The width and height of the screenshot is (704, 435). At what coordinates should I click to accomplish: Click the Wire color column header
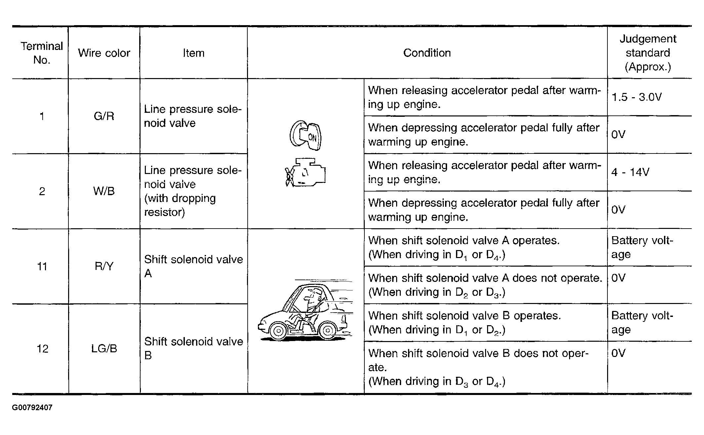pyautogui.click(x=104, y=53)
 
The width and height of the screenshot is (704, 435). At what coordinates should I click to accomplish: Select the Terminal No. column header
pyautogui.click(x=42, y=53)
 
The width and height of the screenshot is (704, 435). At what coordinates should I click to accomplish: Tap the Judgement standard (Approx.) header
pyautogui.click(x=647, y=53)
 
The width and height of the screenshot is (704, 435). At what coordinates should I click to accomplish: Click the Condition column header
pyautogui.click(x=427, y=53)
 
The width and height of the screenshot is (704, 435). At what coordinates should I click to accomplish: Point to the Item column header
pyautogui.click(x=193, y=53)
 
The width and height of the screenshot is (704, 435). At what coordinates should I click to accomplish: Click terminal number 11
pyautogui.click(x=42, y=266)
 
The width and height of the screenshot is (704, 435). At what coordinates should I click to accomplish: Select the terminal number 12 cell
pyautogui.click(x=42, y=349)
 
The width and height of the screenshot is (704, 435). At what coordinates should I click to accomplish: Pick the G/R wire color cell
pyautogui.click(x=104, y=116)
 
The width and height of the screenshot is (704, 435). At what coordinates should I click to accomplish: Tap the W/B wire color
pyautogui.click(x=104, y=191)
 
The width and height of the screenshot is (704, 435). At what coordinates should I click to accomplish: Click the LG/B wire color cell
pyautogui.click(x=104, y=349)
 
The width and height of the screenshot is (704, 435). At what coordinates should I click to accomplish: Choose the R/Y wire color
pyautogui.click(x=104, y=266)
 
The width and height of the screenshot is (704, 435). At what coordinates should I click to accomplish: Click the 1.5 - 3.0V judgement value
pyautogui.click(x=636, y=97)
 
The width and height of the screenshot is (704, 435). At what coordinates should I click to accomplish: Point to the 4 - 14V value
pyautogui.click(x=630, y=172)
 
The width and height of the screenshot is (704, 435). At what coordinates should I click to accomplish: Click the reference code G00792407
pyautogui.click(x=32, y=408)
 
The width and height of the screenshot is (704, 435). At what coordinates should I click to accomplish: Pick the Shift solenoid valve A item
pyautogui.click(x=193, y=266)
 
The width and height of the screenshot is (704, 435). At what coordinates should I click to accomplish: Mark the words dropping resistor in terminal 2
pyautogui.click(x=180, y=205)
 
